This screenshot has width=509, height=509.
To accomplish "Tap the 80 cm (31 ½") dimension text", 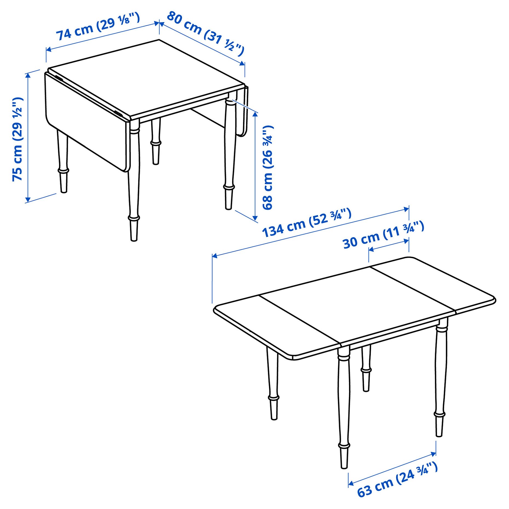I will click(205, 33).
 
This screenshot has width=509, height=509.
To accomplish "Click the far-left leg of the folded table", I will click(63, 161).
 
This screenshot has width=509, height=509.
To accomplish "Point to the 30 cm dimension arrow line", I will click(389, 245).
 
